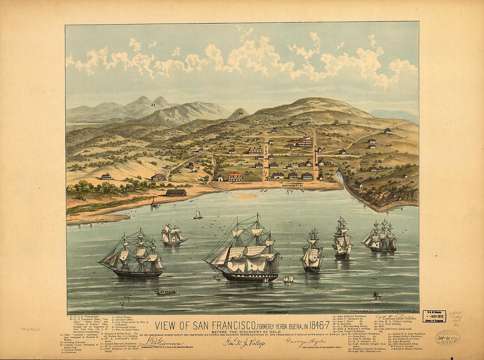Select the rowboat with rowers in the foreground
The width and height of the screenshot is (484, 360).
pyautogui.click(x=167, y=292)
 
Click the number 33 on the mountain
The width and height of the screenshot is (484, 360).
pyautogui.click(x=153, y=105)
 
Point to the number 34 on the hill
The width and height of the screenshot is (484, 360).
pyautogui.click(x=241, y=113)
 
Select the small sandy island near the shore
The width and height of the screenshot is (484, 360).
pyautogui.click(x=245, y=196)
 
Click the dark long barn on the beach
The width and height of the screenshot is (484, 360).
pyautogui.click(x=176, y=193)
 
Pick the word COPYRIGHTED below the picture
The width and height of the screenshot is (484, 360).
pyautogui.click(x=277, y=312)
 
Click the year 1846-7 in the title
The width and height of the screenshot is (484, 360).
pyautogui.click(x=315, y=326)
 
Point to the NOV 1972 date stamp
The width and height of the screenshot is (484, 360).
pyautogui.click(x=434, y=316)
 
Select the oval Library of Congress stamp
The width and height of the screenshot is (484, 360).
pyautogui.click(x=447, y=337)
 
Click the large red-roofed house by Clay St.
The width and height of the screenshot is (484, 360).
pyautogui.click(x=235, y=177)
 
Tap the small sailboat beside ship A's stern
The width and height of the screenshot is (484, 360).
pyautogui.click(x=289, y=278)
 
